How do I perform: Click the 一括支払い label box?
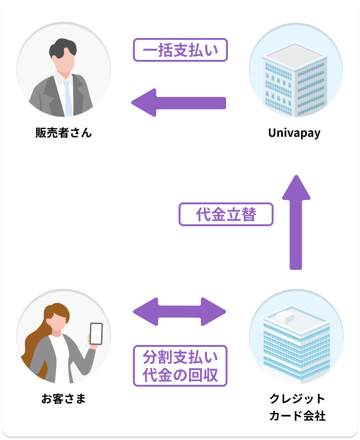180,49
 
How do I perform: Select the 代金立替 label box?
226,214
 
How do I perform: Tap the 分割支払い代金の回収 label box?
180,365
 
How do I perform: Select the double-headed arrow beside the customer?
180,312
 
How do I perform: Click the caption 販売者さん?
63,133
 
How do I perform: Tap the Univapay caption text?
294,133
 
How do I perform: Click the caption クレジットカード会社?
297,407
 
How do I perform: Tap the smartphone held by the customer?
96,333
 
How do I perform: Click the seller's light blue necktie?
68,98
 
